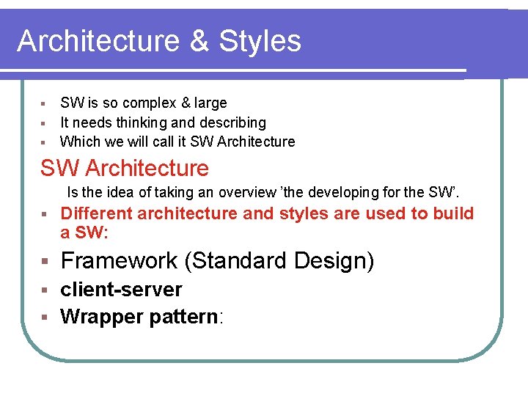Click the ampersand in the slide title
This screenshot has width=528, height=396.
(199, 41)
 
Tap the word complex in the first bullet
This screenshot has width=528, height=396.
(147, 103)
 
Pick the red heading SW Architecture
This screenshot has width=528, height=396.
(125, 168)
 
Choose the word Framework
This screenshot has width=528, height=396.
(119, 260)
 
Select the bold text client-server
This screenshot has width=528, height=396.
(121, 290)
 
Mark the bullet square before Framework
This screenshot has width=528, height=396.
(45, 262)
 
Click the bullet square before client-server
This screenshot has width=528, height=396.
(45, 290)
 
